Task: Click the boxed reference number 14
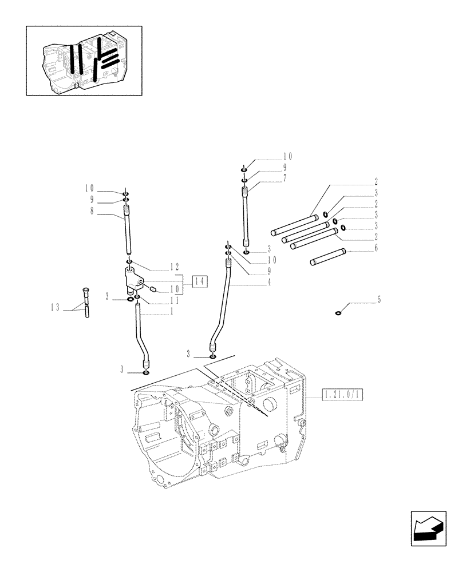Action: (x=199, y=281)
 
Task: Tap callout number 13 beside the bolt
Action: (x=54, y=308)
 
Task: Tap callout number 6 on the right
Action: (x=376, y=248)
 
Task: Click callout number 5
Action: (x=379, y=299)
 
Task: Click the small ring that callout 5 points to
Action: (x=338, y=312)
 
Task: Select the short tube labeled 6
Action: (x=326, y=257)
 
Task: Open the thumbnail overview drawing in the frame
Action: (x=84, y=60)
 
